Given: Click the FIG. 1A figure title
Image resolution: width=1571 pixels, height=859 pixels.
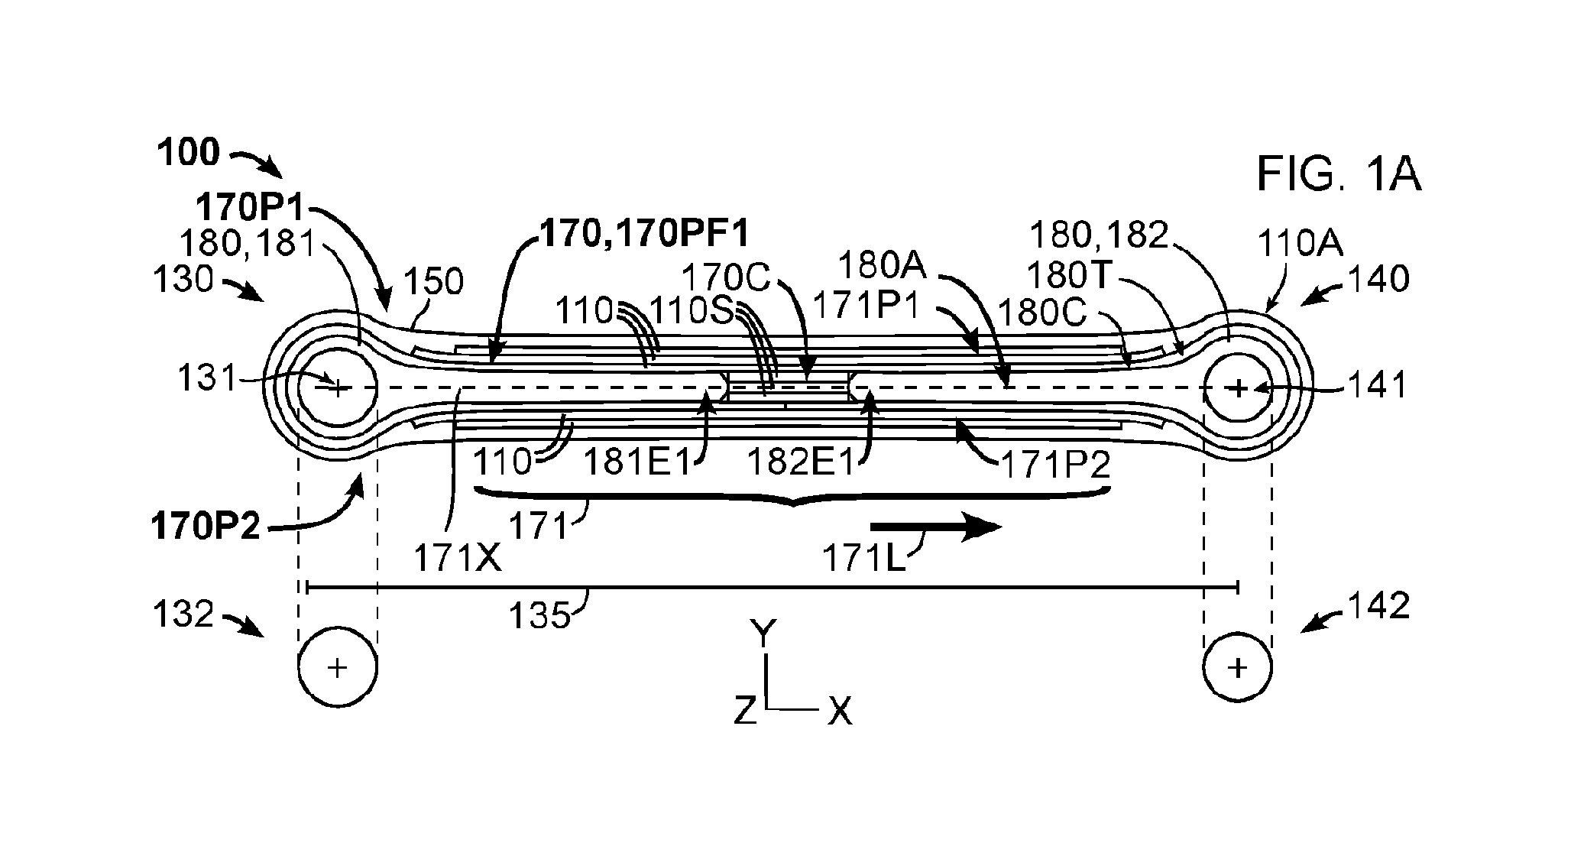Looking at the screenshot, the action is [1339, 175].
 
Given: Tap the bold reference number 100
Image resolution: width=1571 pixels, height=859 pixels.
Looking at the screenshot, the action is [188, 153].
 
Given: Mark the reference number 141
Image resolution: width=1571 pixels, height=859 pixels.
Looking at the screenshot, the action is [1378, 386].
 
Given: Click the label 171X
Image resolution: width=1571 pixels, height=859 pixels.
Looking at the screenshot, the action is [458, 559].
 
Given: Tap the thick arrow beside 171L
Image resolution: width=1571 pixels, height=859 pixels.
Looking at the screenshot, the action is [936, 527].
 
